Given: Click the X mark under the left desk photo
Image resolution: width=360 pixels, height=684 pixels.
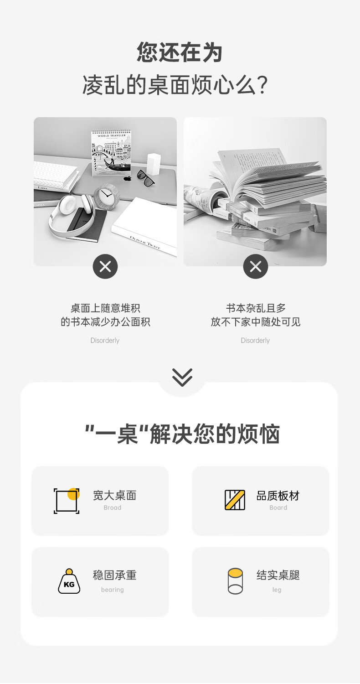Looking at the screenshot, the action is pyautogui.click(x=105, y=267).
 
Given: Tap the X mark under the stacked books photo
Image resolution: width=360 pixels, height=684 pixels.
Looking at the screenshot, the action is pyautogui.click(x=256, y=267).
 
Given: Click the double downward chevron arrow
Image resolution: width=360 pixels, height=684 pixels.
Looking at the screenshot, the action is pyautogui.click(x=182, y=378).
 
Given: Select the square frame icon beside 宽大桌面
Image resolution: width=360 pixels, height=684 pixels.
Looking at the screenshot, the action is pyautogui.click(x=67, y=501).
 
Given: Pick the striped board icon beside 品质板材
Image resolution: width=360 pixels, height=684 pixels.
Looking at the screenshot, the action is pyautogui.click(x=235, y=500).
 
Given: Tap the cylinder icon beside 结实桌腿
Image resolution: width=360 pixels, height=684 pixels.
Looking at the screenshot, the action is pyautogui.click(x=235, y=581).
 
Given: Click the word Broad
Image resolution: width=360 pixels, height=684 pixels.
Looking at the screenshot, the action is pyautogui.click(x=113, y=508).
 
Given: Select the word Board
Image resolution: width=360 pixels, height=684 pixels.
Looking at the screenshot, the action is pyautogui.click(x=278, y=508).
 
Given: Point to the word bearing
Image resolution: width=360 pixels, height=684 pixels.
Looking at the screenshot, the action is pyautogui.click(x=113, y=590).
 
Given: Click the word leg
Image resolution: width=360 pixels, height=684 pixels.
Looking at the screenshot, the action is pyautogui.click(x=277, y=590).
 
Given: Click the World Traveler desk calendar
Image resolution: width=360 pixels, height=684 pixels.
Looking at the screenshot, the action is pyautogui.click(x=111, y=153).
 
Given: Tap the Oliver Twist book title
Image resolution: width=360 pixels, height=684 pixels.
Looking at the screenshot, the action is pyautogui.click(x=144, y=243).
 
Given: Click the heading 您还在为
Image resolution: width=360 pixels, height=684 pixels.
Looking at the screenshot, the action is pyautogui.click(x=180, y=52).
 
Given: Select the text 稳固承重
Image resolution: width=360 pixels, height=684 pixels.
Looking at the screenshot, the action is pyautogui.click(x=115, y=575).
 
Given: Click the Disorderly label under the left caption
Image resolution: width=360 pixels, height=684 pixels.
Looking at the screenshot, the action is pyautogui.click(x=105, y=341).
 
